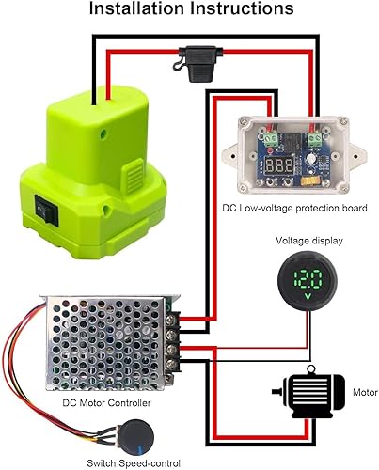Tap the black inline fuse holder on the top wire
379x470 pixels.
pyautogui.click(x=179, y=63)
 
